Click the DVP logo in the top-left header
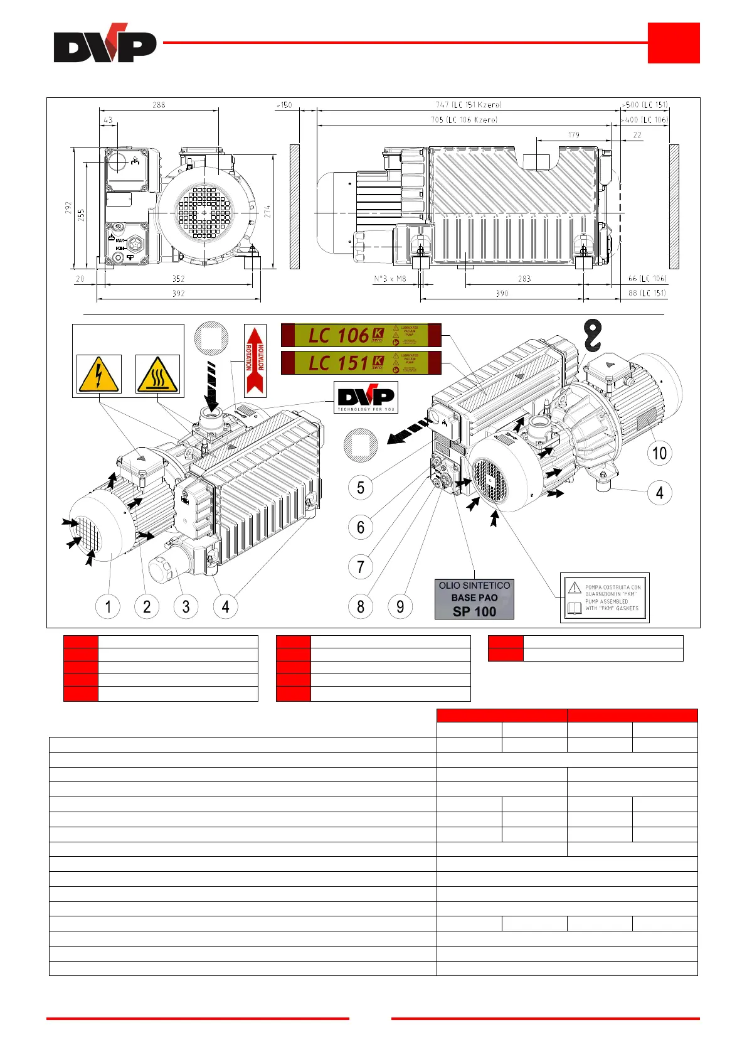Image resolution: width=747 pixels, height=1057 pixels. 105,44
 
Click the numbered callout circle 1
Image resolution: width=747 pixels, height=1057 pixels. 108,606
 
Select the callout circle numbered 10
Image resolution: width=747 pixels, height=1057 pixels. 659,453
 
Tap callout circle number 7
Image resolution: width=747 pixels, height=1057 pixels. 360,567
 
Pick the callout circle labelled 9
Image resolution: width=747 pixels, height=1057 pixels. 400,606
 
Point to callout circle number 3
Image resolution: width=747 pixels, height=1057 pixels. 186,606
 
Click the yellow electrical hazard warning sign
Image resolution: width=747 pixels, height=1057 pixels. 98,374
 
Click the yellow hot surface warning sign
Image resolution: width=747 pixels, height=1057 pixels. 157,374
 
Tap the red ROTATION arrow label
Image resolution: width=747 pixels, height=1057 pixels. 255,360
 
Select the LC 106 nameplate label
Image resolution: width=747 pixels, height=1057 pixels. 361,335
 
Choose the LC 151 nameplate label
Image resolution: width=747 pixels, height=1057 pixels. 361,363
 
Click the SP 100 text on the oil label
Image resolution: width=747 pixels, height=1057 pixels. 474,611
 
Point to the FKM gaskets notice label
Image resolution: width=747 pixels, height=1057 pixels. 605,598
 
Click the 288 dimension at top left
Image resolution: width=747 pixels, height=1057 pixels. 159,105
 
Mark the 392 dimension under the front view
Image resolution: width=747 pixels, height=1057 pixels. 178,293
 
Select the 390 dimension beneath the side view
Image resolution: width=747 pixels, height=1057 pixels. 502,293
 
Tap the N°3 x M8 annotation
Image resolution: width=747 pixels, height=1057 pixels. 389,279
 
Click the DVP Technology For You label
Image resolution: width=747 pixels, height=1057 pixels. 366,397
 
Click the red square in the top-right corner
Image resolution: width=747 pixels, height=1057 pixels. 674,43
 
